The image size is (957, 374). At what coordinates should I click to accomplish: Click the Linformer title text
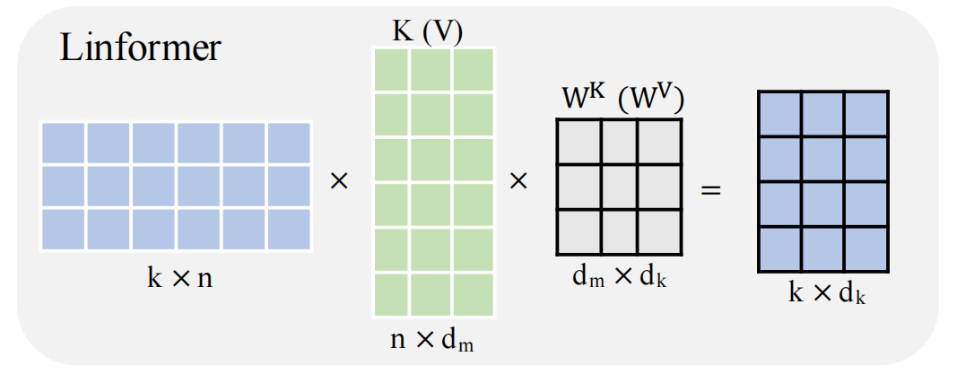click(x=140, y=48)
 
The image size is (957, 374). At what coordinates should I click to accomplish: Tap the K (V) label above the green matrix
click(x=427, y=30)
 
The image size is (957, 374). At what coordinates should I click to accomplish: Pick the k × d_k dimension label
click(x=826, y=293)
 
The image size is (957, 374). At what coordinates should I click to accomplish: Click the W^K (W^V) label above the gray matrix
click(x=620, y=98)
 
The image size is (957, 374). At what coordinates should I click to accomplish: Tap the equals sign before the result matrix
click(x=709, y=190)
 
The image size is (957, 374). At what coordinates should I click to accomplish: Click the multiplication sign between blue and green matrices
click(x=339, y=181)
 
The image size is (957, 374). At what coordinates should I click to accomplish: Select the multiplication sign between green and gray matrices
click(x=518, y=181)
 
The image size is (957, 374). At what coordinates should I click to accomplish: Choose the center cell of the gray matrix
click(x=620, y=186)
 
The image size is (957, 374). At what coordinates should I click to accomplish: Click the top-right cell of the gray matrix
click(x=659, y=141)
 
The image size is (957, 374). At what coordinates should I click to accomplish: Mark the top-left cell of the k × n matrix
click(x=63, y=144)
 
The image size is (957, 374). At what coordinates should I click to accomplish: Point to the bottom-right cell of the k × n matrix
click(x=288, y=228)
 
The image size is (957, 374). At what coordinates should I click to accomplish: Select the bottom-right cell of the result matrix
click(x=866, y=248)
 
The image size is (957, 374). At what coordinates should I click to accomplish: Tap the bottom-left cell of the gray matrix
click(x=579, y=230)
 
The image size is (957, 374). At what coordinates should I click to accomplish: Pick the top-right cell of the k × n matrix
click(x=288, y=144)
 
